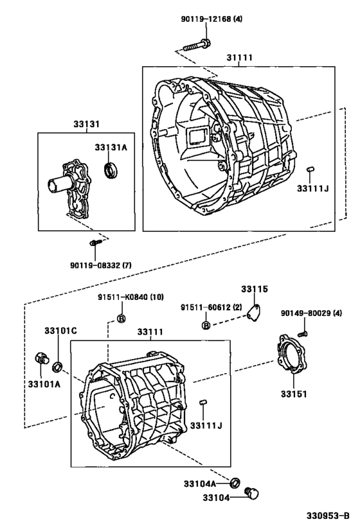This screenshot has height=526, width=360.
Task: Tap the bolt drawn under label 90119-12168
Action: pos(197,45)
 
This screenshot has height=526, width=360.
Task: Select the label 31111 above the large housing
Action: pos(239,58)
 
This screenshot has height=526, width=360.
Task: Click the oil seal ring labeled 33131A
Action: pos(110,170)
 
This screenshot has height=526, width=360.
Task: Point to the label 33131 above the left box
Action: pos(86,124)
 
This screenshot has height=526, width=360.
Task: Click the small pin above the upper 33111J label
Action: pos(310,169)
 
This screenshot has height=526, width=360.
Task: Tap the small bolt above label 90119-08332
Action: pos(94,242)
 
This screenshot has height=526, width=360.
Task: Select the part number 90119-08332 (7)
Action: pos(101,265)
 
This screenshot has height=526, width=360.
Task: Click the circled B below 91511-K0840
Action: pos(122,319)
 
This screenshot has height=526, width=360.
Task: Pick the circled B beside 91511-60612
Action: pos(206,325)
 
